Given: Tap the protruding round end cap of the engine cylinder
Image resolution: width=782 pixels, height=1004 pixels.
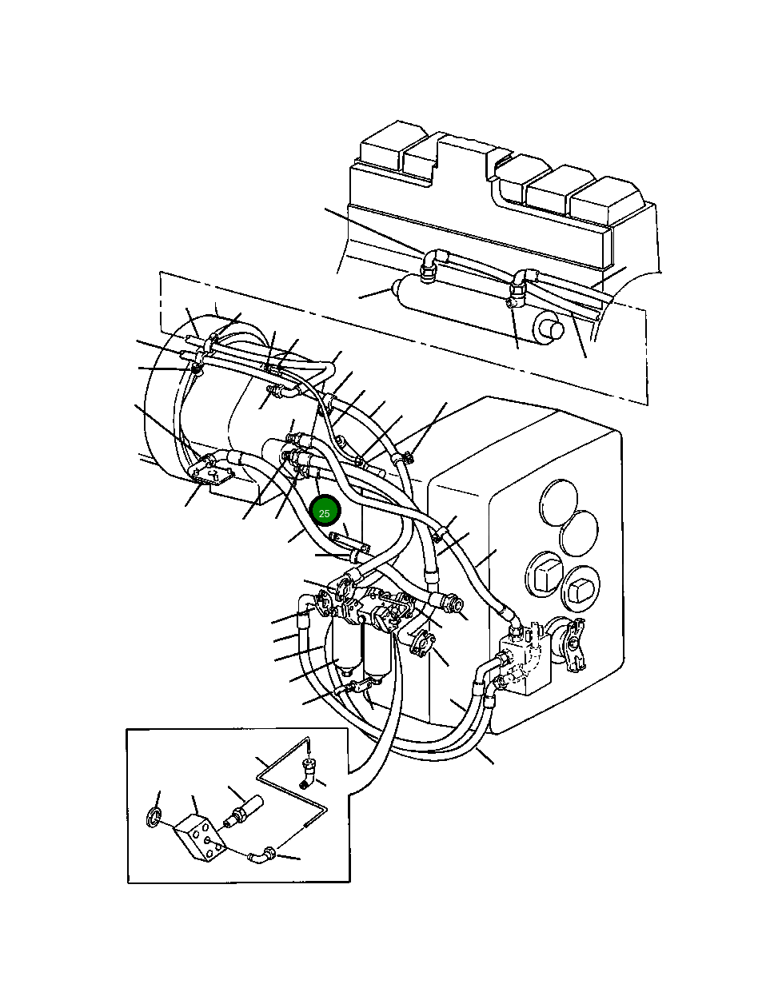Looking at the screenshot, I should (x=548, y=328).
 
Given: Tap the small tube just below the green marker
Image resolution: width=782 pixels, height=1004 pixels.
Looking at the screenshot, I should (x=351, y=545).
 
